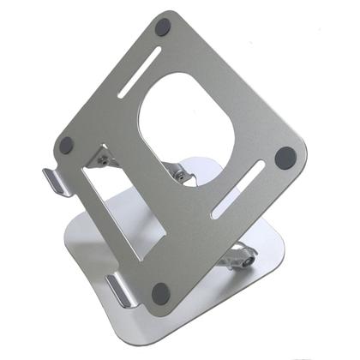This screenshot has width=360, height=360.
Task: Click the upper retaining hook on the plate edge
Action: tap(53, 181)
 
